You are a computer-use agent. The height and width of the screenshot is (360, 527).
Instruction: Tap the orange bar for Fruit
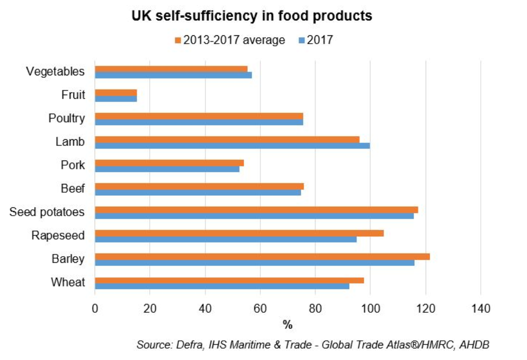coord(116,92)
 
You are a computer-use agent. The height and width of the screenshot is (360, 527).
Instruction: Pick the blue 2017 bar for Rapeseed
coord(226,239)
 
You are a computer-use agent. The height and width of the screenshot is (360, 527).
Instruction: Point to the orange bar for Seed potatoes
coord(256,210)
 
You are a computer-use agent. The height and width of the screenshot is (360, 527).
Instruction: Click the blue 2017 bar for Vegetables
coord(173,75)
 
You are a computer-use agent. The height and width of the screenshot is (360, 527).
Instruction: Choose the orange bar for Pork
coord(169,163)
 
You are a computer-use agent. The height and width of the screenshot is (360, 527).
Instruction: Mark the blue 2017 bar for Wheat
coord(222,286)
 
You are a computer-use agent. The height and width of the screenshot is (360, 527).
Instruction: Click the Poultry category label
coord(67,118)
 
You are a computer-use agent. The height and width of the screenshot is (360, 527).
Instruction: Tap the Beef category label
coord(73,189)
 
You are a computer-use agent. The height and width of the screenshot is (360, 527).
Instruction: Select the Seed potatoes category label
coord(47,212)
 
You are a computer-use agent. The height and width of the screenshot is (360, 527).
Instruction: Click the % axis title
coord(287,325)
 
